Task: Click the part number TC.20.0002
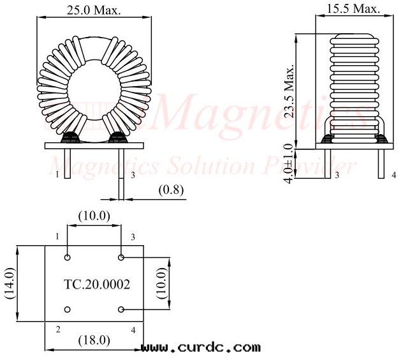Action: (97, 285)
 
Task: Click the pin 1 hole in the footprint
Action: (68, 258)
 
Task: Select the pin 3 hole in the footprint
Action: (121, 258)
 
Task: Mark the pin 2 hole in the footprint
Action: (68, 310)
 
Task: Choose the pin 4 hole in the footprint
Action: (121, 310)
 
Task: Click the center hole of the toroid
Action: (94, 91)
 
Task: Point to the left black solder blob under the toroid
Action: (69, 138)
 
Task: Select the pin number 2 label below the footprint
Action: (57, 329)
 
